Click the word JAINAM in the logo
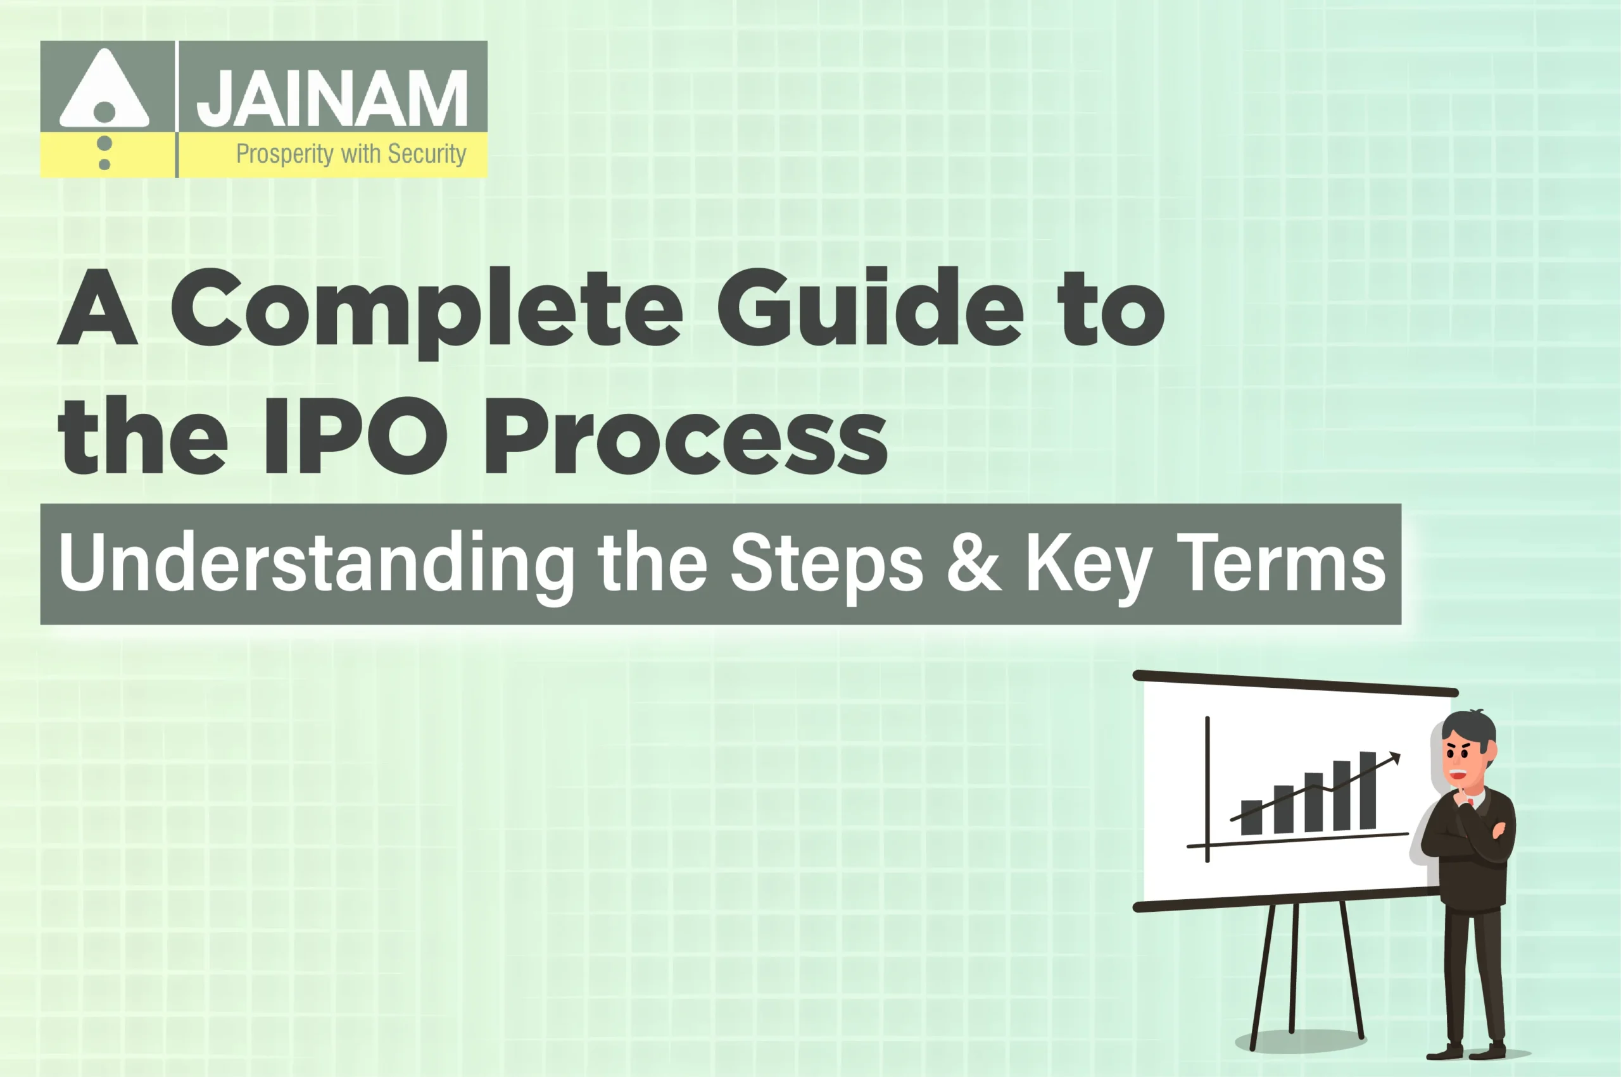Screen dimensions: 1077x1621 coord(332,98)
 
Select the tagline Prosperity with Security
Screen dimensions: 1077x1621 coord(351,154)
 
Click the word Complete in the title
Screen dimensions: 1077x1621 coord(426,309)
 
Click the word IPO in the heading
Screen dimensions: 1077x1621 coord(356,436)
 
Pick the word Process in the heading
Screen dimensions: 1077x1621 coord(686,437)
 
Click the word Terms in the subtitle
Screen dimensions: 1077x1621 coord(1281,563)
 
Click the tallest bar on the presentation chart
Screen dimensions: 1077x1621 coord(1368,790)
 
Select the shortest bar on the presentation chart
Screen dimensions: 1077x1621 coord(1251,817)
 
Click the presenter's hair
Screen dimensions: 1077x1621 coord(1468,726)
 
